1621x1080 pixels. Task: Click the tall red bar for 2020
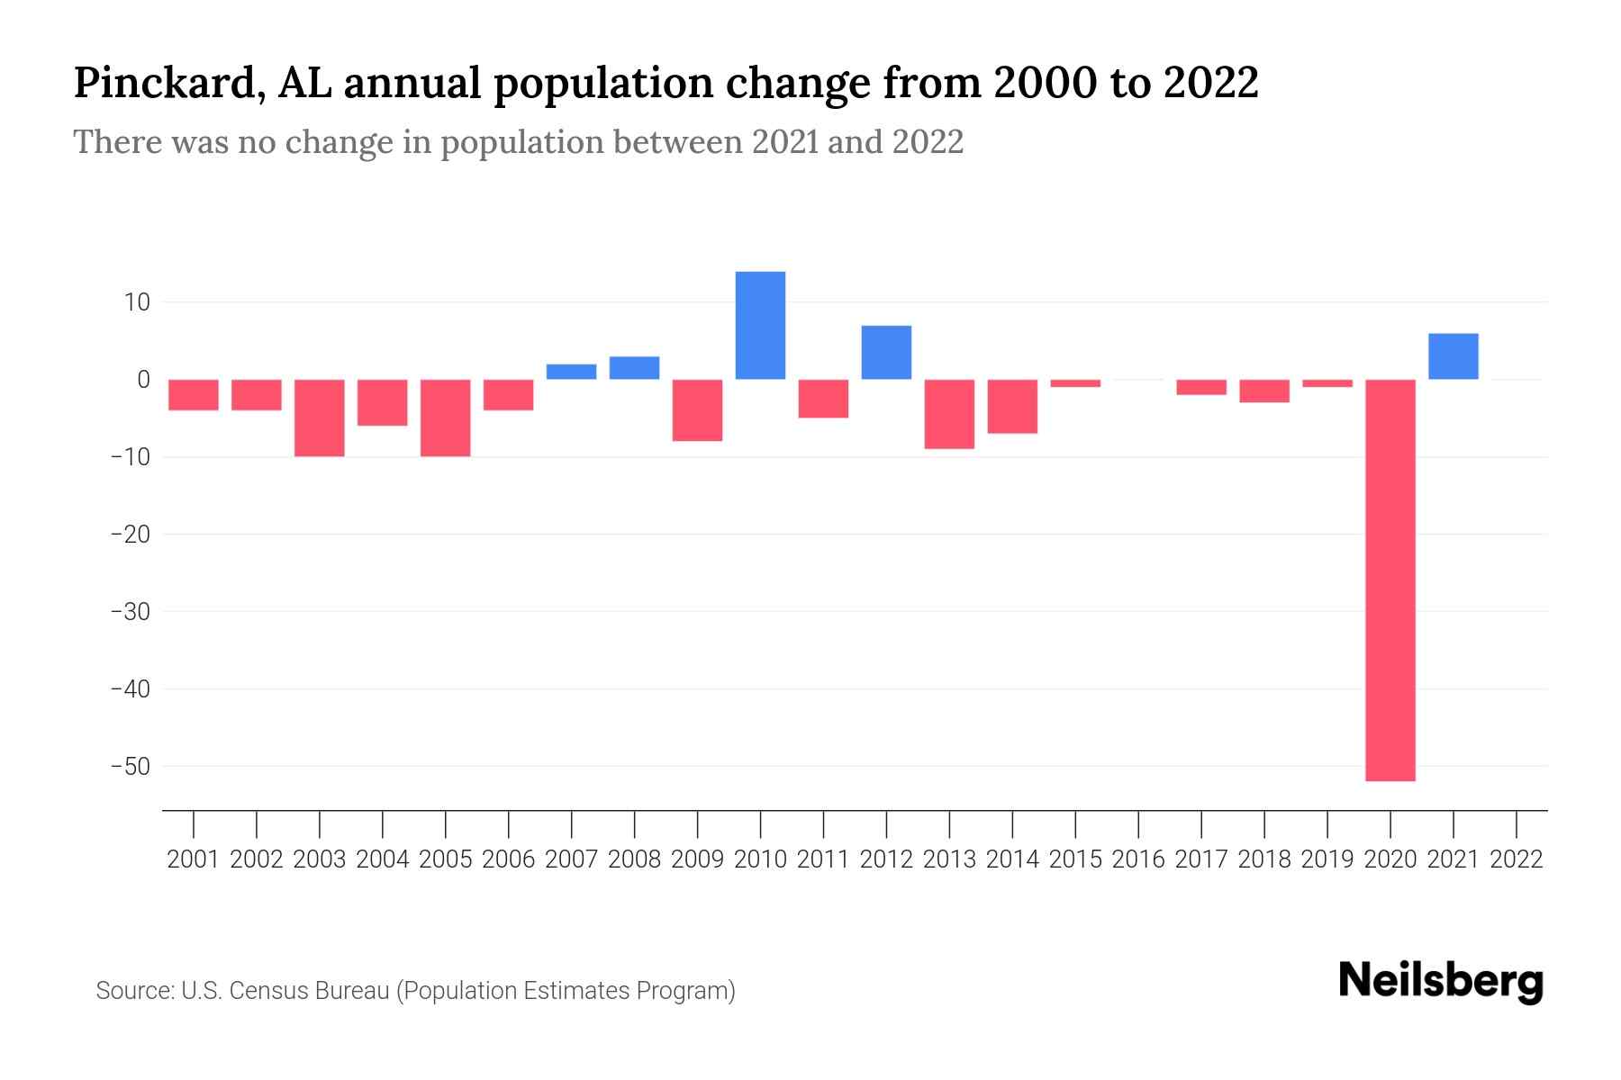tap(1390, 580)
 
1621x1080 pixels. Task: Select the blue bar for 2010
tap(760, 326)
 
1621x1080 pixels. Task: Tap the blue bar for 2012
tap(886, 353)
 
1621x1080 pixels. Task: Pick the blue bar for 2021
tap(1453, 356)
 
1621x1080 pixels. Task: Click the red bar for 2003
tap(320, 418)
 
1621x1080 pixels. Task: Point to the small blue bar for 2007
tap(571, 372)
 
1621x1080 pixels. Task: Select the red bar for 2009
tap(697, 410)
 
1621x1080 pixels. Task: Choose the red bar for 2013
tap(949, 414)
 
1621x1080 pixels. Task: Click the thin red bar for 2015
tap(1075, 383)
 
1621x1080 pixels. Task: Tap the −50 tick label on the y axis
tap(131, 767)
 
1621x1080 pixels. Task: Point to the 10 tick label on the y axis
tap(138, 302)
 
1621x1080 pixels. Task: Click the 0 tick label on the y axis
tap(143, 380)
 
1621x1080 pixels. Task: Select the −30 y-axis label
tap(131, 612)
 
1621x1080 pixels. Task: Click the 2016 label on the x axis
tap(1138, 859)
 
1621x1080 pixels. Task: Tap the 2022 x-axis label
tap(1517, 859)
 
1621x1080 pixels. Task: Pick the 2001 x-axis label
tap(194, 859)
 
